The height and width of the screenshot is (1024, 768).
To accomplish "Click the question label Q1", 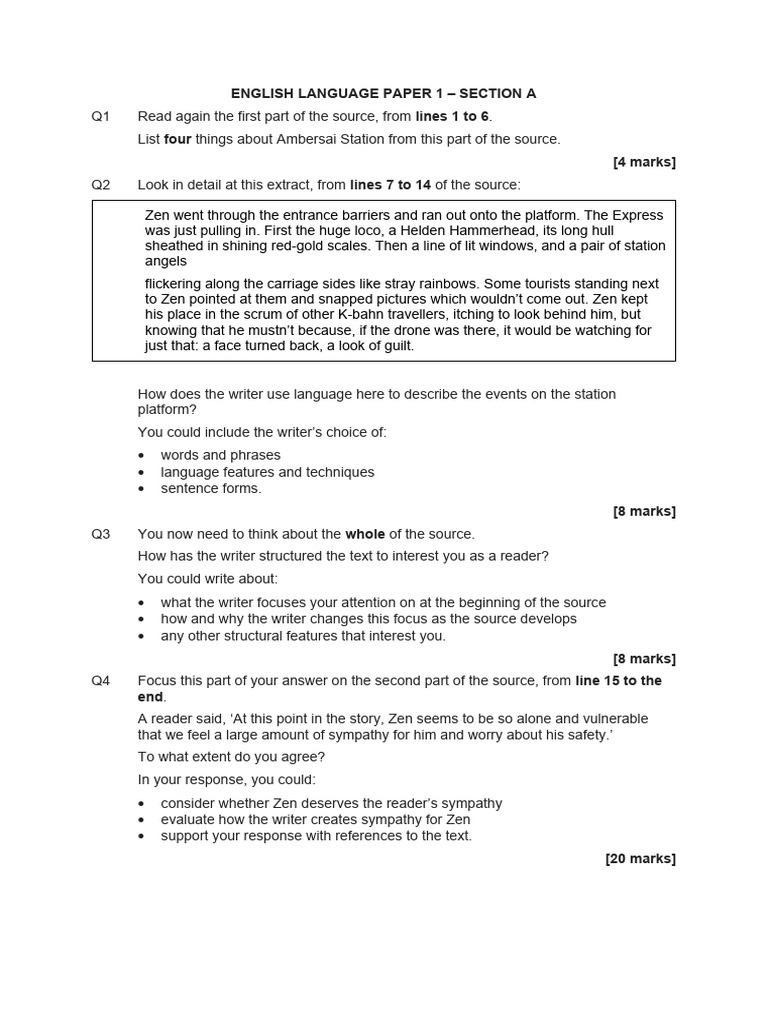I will [x=101, y=117].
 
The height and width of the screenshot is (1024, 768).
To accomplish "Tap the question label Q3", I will [x=101, y=534].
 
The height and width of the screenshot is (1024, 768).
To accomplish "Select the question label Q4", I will [x=101, y=681].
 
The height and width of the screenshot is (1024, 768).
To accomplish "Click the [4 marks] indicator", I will [x=644, y=162].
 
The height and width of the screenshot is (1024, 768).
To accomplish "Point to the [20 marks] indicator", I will [x=640, y=858].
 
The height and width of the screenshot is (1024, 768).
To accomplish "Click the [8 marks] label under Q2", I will [x=644, y=511].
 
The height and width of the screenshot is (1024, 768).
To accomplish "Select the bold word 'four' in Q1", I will [x=177, y=139].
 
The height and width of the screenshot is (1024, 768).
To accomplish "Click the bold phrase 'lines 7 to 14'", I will [x=390, y=185].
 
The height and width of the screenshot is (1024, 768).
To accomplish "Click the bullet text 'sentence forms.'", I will [x=211, y=488].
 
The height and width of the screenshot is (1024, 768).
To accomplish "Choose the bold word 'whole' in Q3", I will [x=365, y=534].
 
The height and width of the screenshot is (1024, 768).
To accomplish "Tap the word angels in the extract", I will [x=166, y=262].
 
